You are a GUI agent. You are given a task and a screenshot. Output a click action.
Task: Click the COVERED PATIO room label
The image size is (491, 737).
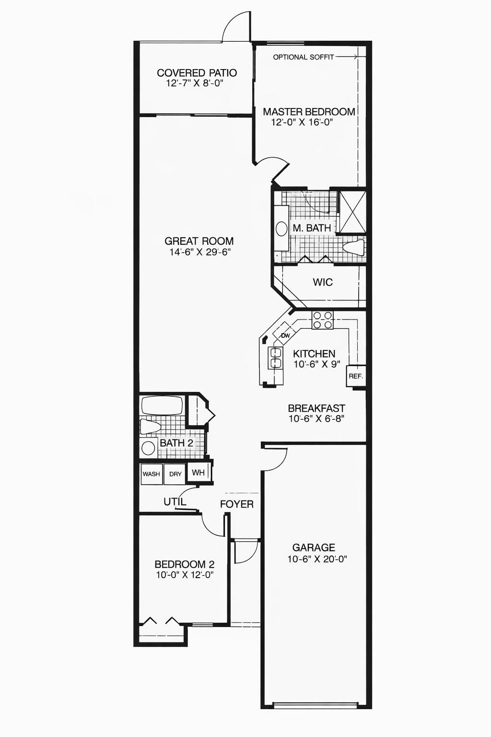point(197,73)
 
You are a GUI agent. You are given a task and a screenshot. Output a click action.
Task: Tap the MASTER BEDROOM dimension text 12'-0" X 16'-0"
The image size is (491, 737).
point(302,122)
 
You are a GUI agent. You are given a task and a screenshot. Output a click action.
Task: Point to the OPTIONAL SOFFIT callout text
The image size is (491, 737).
point(303,57)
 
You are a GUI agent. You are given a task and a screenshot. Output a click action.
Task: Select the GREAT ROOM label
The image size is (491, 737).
point(199,241)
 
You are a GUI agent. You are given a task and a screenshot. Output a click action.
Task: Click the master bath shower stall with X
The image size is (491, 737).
point(352,212)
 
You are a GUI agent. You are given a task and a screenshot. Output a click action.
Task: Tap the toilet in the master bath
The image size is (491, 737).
point(353,248)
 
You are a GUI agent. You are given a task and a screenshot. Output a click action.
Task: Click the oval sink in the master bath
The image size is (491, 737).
point(281,228)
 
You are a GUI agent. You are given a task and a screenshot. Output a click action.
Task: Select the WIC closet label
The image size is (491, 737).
point(323,282)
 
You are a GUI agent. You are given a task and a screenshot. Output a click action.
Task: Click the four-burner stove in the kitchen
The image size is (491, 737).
point(323,320)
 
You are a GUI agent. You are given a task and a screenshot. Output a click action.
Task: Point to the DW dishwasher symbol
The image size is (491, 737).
point(285,335)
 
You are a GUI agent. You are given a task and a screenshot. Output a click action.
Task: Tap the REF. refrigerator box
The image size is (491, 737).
point(356,376)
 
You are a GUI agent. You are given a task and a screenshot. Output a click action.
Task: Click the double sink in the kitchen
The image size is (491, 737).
point(275,358)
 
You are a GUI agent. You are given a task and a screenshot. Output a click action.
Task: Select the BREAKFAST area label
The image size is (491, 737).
point(316,408)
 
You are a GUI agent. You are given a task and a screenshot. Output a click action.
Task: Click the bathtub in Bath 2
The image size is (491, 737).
point(162,406)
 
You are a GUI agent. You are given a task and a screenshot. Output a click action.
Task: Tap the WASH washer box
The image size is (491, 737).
point(151,474)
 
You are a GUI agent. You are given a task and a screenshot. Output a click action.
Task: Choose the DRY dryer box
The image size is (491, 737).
point(175,474)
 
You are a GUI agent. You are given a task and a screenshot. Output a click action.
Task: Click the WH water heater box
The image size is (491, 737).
point(198,473)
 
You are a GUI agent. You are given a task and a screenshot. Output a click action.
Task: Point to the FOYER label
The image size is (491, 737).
point(236,504)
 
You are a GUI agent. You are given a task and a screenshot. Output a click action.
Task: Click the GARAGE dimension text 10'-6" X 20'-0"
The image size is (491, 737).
point(317,559)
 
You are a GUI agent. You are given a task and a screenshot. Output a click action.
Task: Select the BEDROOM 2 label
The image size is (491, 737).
point(184,564)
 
